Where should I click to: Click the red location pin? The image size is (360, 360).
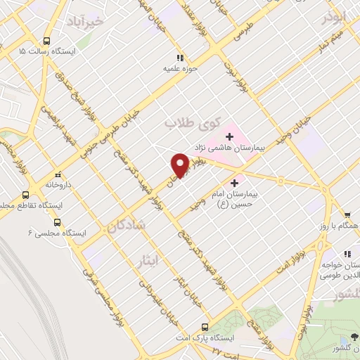coord(179,165)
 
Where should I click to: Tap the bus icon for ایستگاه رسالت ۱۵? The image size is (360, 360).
coord(47,41)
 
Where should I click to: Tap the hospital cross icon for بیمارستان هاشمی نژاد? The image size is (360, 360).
coord(229,136)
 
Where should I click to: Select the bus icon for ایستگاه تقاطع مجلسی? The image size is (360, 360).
coord(26,195)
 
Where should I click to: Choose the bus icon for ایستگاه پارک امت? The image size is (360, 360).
coord(205,327)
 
